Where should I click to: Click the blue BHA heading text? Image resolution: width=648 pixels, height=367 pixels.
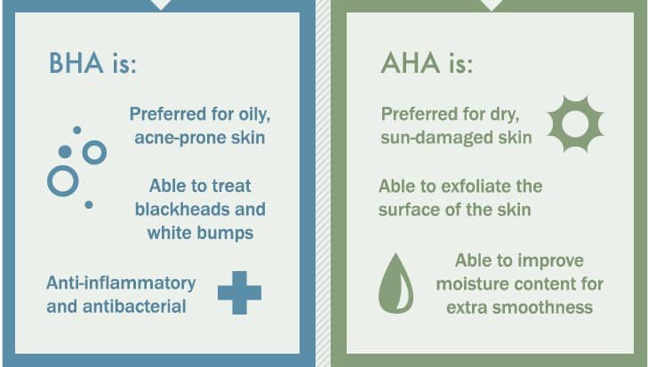(x=92, y=63)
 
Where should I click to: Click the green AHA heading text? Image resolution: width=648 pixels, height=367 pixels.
(x=427, y=63)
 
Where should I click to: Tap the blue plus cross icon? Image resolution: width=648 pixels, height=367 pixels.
(x=239, y=292)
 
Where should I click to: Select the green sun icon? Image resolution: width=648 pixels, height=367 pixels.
(x=575, y=124)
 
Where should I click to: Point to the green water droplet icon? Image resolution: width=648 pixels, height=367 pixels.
(x=396, y=283)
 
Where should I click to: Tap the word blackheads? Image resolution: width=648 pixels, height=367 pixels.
(x=182, y=209)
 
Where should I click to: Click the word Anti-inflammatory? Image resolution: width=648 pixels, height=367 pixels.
(x=121, y=283)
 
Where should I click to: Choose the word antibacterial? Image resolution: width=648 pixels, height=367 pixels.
(x=134, y=307)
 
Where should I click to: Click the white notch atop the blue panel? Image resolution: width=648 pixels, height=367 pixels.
(x=161, y=5)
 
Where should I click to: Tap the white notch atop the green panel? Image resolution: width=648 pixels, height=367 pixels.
(x=492, y=5)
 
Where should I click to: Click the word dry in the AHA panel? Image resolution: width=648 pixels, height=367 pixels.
(x=505, y=115)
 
